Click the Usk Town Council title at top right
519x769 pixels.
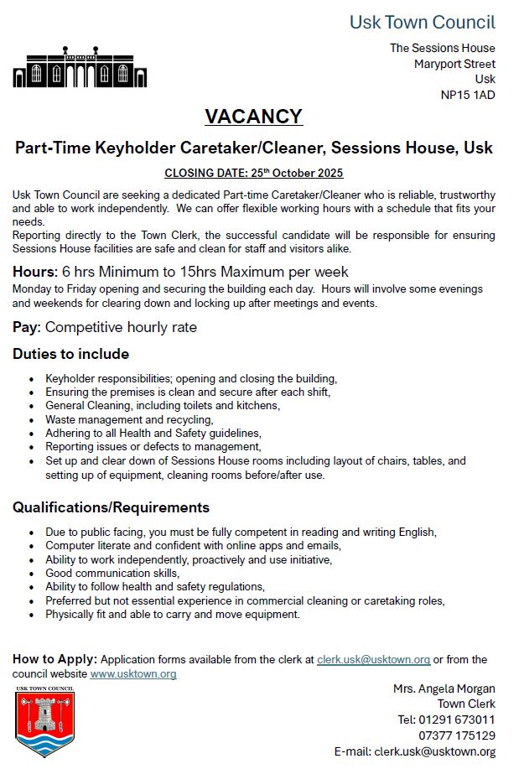(422, 23)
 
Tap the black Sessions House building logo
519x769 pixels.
(80, 67)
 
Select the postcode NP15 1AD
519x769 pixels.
(468, 95)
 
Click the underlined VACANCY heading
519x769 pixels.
(253, 117)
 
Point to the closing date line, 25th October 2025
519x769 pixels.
(253, 174)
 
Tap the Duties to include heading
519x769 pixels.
(70, 354)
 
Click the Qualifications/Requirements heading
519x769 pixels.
(111, 507)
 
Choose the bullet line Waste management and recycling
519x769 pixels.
(129, 419)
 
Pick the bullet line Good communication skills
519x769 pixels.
(112, 573)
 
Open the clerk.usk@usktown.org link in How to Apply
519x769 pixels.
(373, 660)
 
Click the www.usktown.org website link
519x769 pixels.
(133, 673)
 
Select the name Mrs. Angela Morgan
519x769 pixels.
(444, 688)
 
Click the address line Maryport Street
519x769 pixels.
(454, 64)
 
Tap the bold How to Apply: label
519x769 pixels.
(54, 659)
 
